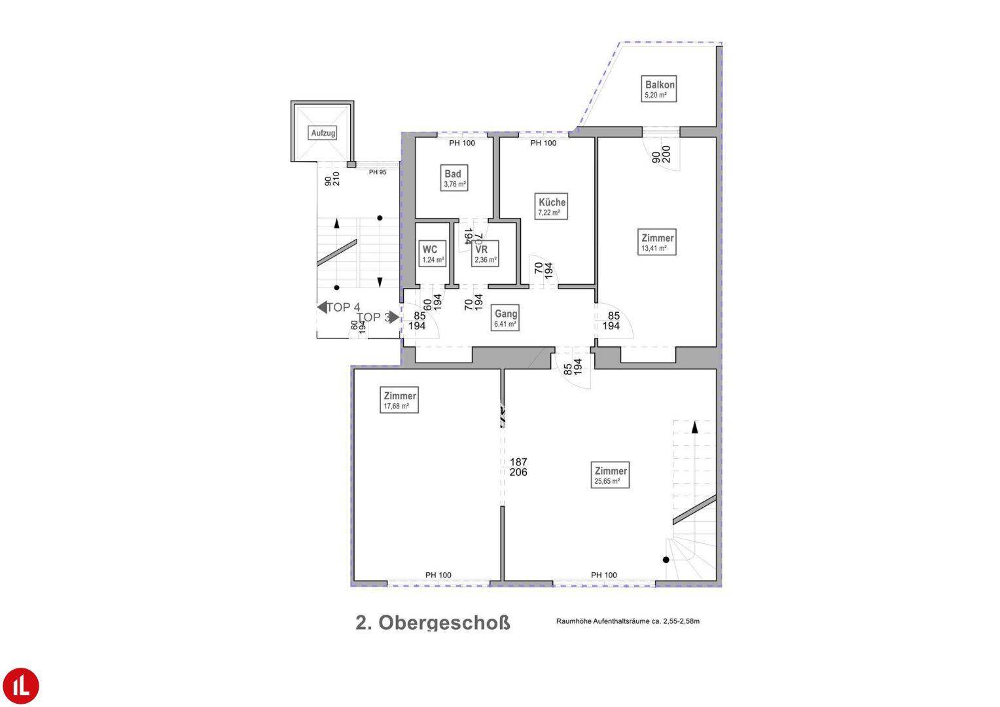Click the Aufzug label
click(x=323, y=133)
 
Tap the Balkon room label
click(x=660, y=89)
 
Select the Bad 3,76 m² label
click(x=454, y=178)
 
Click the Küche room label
click(x=551, y=206)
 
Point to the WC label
click(x=433, y=254)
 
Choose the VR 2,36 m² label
click(x=485, y=254)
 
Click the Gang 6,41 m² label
click(x=506, y=318)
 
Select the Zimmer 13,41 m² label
click(x=657, y=242)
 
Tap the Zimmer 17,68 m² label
click(x=400, y=400)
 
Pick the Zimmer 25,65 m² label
click(x=610, y=475)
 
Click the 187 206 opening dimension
click(x=518, y=467)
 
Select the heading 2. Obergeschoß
click(x=433, y=622)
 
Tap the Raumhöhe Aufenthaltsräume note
click(x=628, y=621)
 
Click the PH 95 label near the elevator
click(x=378, y=172)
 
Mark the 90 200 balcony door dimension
click(x=661, y=154)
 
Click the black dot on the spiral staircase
click(x=666, y=560)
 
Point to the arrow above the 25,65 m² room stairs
click(x=694, y=427)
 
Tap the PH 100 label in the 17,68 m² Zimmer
click(x=438, y=575)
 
